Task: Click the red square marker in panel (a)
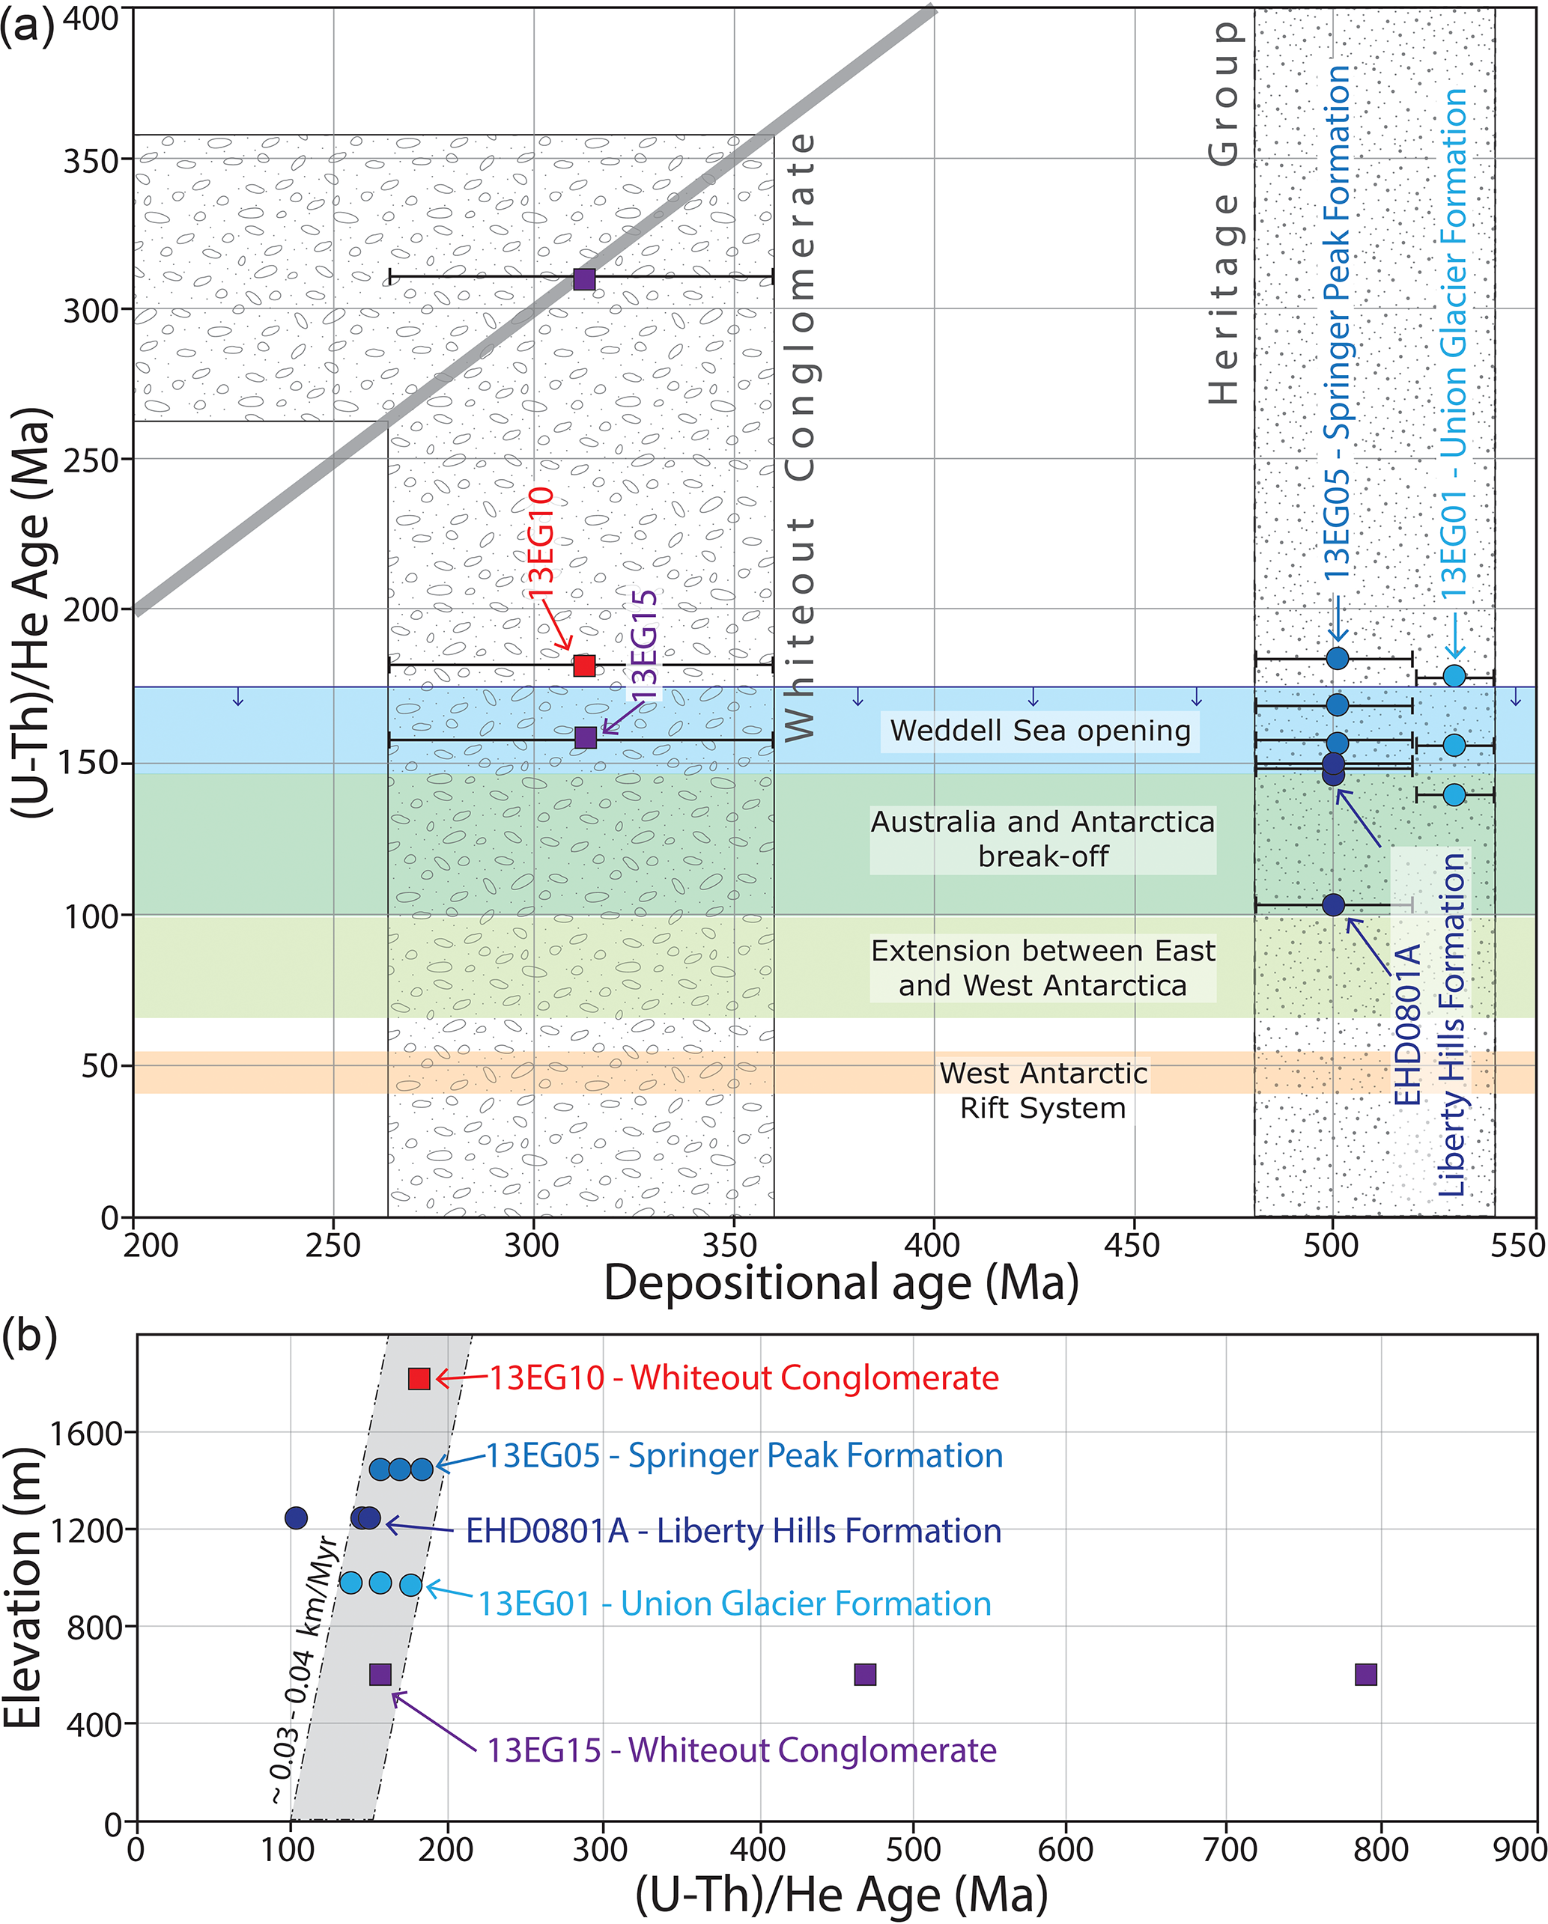[x=584, y=665]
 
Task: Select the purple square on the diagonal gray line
[x=584, y=278]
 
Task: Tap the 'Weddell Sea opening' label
[x=1040, y=731]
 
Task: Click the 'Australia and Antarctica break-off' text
[x=1042, y=839]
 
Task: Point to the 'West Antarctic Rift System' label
[x=1042, y=1091]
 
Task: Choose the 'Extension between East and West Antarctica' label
[x=1042, y=968]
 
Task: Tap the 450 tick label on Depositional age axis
[x=1132, y=1246]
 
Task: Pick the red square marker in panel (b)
[x=419, y=1377]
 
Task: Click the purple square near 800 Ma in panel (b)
[x=1366, y=1674]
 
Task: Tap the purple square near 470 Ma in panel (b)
[x=865, y=1674]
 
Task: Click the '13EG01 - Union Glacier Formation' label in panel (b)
[x=735, y=1603]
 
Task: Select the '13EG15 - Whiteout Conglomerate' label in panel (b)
[x=741, y=1750]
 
